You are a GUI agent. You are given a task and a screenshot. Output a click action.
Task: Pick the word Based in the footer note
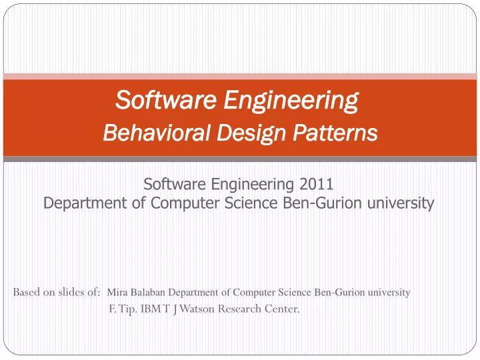coord(27,292)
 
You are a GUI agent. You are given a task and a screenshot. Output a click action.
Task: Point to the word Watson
coord(197,309)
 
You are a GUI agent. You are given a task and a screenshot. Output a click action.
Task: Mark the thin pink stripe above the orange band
coord(240,76)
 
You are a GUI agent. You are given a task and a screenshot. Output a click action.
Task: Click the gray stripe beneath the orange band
coord(240,159)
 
